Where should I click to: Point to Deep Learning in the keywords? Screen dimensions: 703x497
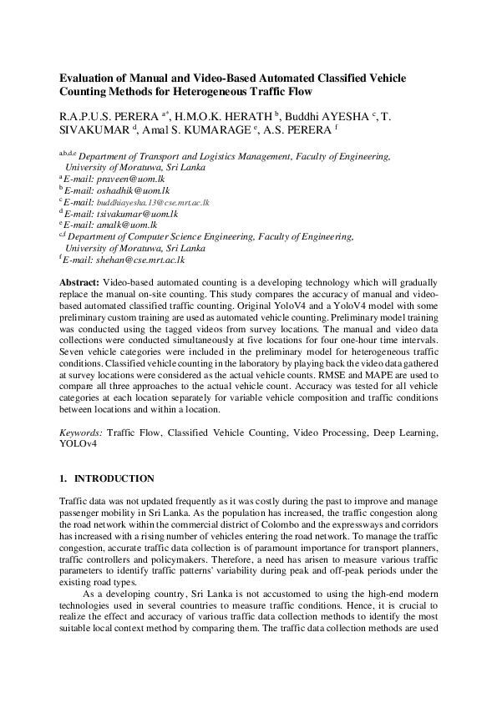pos(406,433)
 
